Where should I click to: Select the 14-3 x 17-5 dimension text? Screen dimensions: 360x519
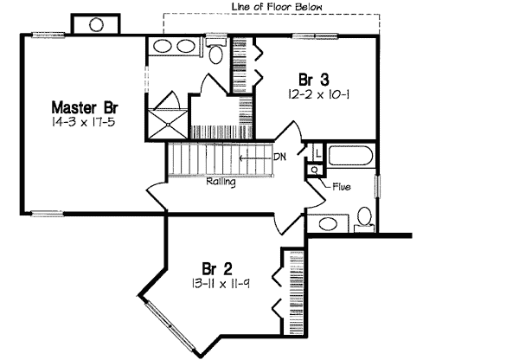pyautogui.click(x=85, y=124)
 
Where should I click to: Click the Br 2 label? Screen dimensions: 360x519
pyautogui.click(x=216, y=268)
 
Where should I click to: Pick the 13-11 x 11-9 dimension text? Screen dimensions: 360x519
pyautogui.click(x=216, y=283)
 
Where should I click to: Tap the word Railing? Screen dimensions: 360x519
pyautogui.click(x=221, y=183)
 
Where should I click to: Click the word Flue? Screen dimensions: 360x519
pyautogui.click(x=341, y=185)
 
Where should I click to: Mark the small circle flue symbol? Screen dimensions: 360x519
pyautogui.click(x=312, y=170)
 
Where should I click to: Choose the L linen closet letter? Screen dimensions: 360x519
pyautogui.click(x=317, y=153)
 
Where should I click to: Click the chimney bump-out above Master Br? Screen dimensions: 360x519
pyautogui.click(x=86, y=24)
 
